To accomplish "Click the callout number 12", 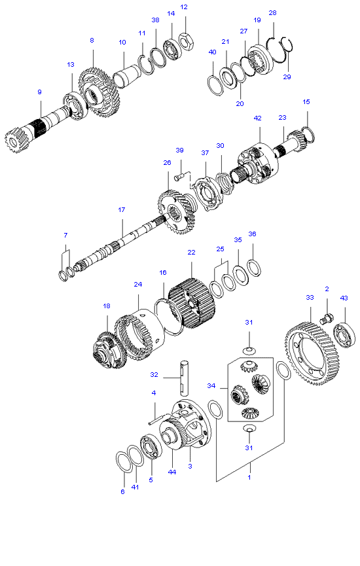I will click(183, 7).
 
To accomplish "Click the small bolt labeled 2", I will click(325, 319).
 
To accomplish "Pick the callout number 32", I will click(154, 375).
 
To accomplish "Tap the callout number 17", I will click(121, 210).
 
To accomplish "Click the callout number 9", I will click(39, 92).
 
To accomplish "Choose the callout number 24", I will click(138, 285).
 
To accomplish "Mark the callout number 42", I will click(257, 118).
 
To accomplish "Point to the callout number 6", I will click(122, 491).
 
